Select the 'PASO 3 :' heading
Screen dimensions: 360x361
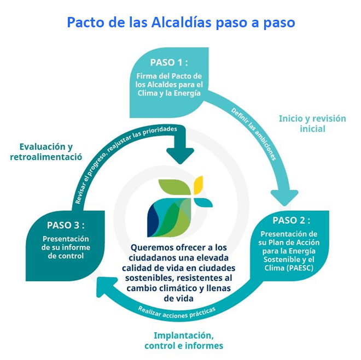coord(65,225)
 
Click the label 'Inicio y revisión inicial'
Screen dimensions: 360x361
coord(312,123)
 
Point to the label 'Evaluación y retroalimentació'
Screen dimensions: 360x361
coord(46,151)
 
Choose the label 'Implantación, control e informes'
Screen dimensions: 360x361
coord(184,340)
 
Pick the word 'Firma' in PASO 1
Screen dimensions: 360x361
coord(147,75)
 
